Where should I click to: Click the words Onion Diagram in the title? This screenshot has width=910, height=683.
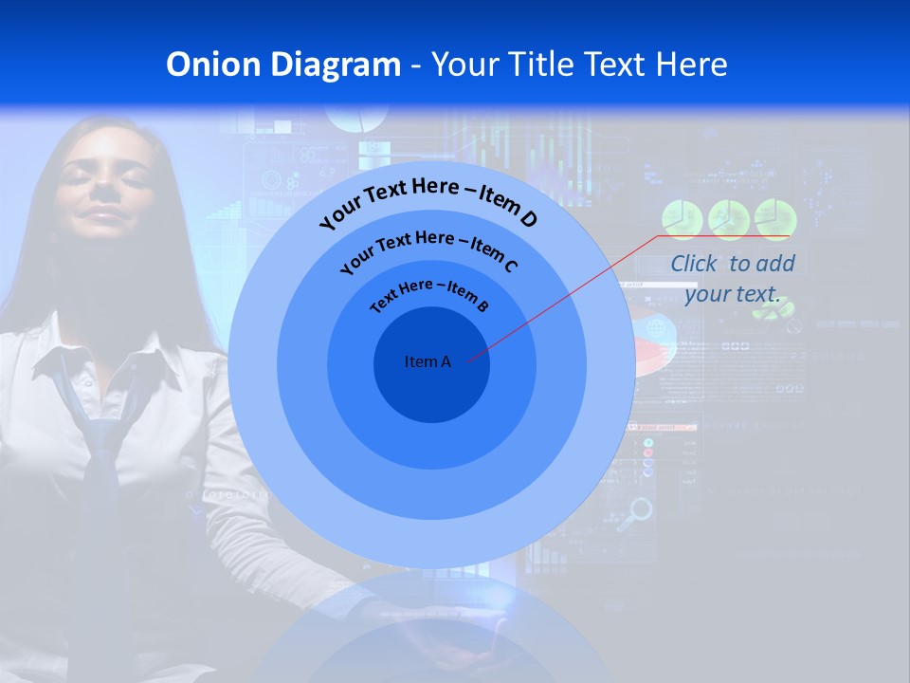pyautogui.click(x=282, y=65)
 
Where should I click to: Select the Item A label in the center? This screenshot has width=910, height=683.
pyautogui.click(x=428, y=361)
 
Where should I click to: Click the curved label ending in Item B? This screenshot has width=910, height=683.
pyautogui.click(x=429, y=293)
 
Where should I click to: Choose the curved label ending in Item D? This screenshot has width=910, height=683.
pyautogui.click(x=428, y=200)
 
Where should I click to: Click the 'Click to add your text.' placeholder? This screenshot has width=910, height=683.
pyautogui.click(x=732, y=279)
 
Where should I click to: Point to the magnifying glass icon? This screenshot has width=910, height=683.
pyautogui.click(x=642, y=510)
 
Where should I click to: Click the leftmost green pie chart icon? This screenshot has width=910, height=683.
pyautogui.click(x=682, y=218)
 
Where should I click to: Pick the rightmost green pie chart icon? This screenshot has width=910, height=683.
pyautogui.click(x=775, y=218)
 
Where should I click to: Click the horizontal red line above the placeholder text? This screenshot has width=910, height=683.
pyautogui.click(x=724, y=236)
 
